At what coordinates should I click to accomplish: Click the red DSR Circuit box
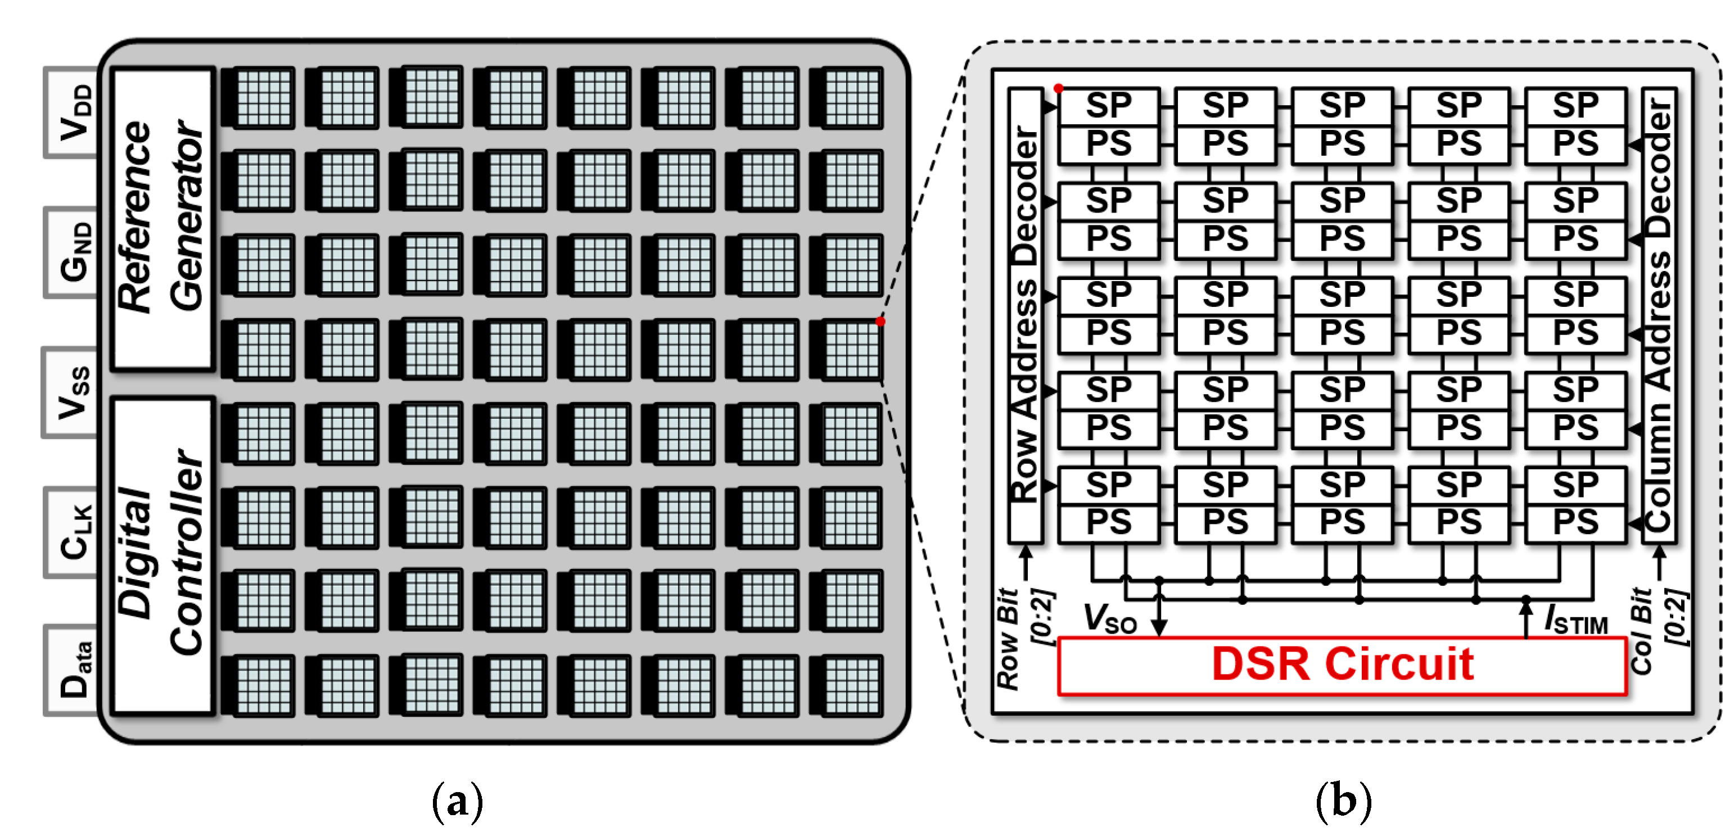[x=1342, y=665]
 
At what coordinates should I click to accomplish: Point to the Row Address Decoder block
[x=1025, y=315]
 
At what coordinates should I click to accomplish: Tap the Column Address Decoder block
[x=1658, y=315]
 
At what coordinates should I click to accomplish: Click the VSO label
[x=1109, y=618]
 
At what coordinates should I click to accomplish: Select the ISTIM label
[x=1575, y=620]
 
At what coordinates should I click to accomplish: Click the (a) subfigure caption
[x=457, y=801]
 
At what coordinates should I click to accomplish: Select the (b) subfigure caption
[x=1343, y=801]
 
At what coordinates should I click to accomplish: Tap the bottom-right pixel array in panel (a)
[x=847, y=685]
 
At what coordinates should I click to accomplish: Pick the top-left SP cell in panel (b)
[x=1109, y=106]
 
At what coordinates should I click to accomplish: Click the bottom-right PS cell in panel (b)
[x=1575, y=523]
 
